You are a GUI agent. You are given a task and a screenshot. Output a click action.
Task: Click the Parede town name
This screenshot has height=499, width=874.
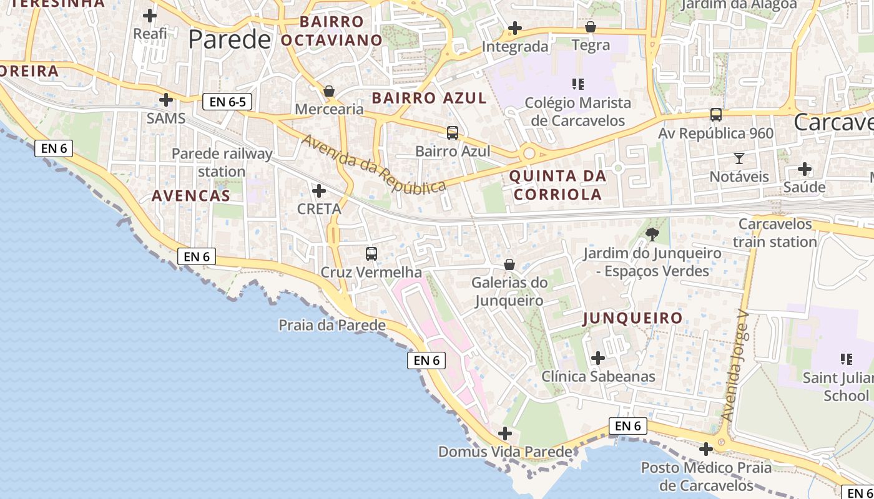click(x=230, y=40)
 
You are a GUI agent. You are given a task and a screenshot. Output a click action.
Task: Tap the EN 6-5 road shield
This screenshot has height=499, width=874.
click(x=227, y=102)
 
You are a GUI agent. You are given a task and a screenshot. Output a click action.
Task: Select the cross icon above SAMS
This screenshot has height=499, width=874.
click(x=166, y=99)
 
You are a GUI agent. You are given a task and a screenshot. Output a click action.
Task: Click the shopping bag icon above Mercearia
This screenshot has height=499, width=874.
click(x=329, y=91)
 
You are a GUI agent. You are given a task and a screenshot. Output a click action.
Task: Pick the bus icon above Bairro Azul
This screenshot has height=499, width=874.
click(x=453, y=133)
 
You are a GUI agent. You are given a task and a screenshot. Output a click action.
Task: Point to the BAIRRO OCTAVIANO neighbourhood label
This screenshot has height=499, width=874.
click(x=331, y=31)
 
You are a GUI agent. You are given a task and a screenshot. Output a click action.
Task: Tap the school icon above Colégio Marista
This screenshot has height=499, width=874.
click(x=577, y=84)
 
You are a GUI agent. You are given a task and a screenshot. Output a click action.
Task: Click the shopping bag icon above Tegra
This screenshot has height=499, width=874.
click(x=591, y=27)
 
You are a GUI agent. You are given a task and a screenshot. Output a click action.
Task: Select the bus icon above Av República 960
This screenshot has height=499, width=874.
click(x=716, y=115)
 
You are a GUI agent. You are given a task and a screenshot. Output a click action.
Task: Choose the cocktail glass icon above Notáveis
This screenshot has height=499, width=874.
click(x=739, y=158)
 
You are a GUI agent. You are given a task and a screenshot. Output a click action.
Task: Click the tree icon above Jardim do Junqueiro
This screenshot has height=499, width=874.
click(x=652, y=235)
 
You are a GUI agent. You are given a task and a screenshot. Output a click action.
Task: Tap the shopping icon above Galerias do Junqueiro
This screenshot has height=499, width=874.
click(x=509, y=264)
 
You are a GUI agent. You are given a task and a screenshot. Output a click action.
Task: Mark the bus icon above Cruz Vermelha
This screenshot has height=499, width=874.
click(x=371, y=254)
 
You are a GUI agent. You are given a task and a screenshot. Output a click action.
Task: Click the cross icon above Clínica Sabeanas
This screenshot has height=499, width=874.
click(x=598, y=358)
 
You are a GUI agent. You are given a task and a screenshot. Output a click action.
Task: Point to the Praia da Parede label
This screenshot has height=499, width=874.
click(x=332, y=325)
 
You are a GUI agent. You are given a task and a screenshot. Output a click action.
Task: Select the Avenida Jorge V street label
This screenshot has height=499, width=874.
click(x=735, y=365)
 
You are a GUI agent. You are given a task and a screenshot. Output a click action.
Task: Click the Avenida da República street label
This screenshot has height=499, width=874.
click(x=373, y=163)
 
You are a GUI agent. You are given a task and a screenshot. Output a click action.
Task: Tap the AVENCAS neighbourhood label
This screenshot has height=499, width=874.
click(x=191, y=196)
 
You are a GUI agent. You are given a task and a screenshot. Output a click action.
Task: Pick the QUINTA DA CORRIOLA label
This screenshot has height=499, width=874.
click(x=557, y=185)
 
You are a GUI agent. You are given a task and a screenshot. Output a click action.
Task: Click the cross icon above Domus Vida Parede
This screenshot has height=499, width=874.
click(x=505, y=433)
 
